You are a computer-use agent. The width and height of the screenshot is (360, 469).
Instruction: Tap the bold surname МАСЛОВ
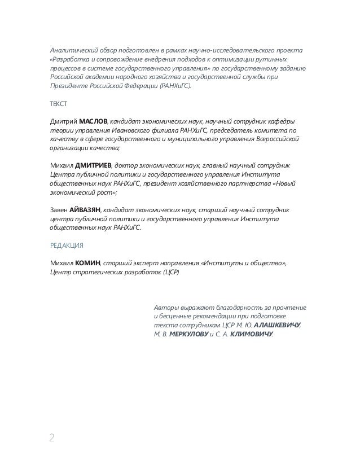[92, 120]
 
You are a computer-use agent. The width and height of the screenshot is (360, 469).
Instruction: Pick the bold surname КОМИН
[88, 262]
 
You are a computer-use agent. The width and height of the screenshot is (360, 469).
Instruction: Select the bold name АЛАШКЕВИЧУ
[277, 326]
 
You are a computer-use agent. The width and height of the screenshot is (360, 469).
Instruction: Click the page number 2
[52, 437]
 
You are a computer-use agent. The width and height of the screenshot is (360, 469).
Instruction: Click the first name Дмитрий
[63, 120]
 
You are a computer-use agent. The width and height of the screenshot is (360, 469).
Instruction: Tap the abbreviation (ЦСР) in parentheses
[170, 272]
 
